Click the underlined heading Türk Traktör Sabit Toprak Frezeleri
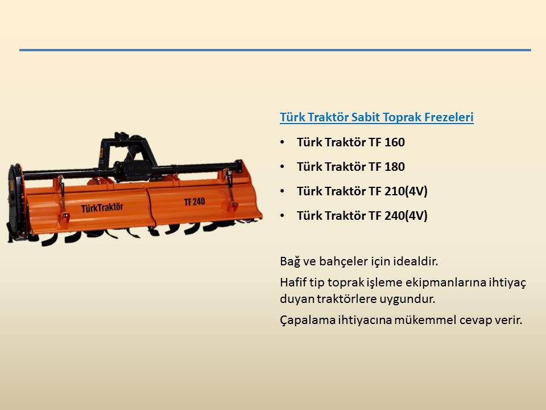tap(377, 117)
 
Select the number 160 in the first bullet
tap(394, 142)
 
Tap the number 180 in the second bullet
tap(394, 167)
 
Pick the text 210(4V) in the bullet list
tap(406, 191)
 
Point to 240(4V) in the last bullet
tap(406, 216)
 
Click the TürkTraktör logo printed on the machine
tap(102, 208)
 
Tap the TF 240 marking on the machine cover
tap(195, 202)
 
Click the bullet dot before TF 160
tap(282, 142)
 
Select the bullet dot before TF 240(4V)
tap(282, 216)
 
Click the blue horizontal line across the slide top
tap(275, 50)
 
